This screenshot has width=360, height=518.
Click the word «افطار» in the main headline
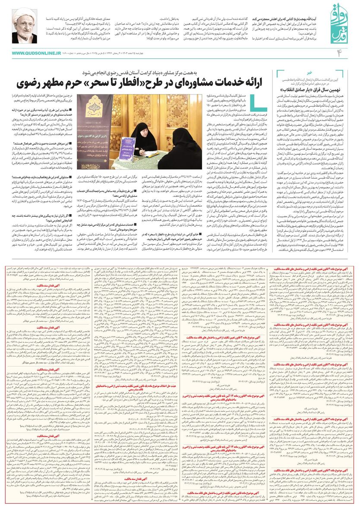pos(167,83)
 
